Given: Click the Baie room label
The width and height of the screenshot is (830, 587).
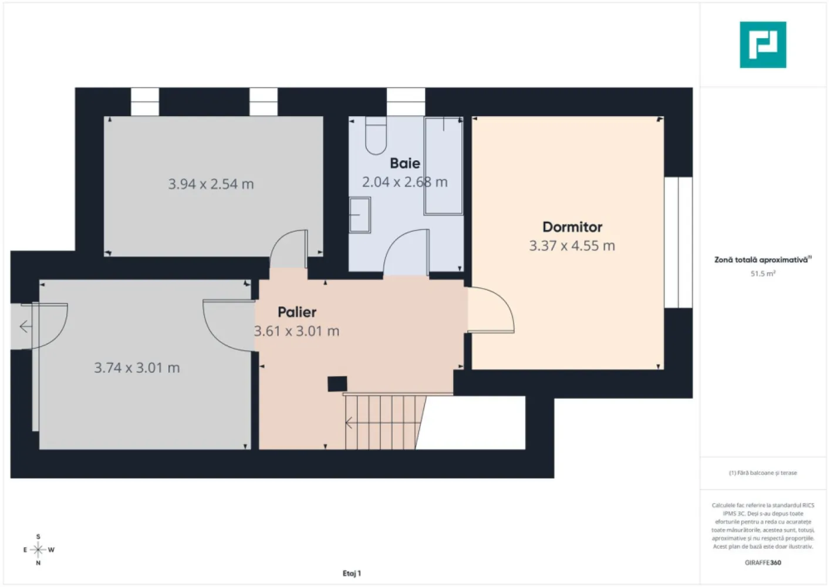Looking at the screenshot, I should click(x=404, y=163).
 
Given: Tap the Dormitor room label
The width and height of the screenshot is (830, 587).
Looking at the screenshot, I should click(x=572, y=227).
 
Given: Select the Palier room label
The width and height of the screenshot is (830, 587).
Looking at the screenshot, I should click(x=297, y=312).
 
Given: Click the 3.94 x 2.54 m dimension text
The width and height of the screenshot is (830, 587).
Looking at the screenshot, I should click(x=211, y=184).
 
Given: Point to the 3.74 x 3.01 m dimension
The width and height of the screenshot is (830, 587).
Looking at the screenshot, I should click(x=137, y=368).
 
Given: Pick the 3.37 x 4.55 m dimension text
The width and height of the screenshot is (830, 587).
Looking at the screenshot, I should click(x=572, y=246).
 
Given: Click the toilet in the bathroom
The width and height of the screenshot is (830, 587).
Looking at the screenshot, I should click(x=376, y=135).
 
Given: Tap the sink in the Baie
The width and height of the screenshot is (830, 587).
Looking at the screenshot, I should click(x=360, y=215).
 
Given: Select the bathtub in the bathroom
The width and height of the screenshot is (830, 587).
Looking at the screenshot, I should click(x=443, y=166).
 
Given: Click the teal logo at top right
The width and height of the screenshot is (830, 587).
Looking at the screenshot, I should click(x=762, y=45).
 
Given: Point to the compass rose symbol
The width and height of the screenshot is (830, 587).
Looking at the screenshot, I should click(x=38, y=550).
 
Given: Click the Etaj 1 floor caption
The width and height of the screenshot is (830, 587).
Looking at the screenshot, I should click(x=352, y=573).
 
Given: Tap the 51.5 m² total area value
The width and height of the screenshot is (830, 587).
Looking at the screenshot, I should click(x=762, y=274).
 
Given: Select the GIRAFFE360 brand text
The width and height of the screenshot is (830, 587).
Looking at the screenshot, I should click(x=762, y=562).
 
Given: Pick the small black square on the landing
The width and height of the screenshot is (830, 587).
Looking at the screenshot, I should click(x=337, y=383).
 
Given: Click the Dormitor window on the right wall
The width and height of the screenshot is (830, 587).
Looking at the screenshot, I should click(x=678, y=242).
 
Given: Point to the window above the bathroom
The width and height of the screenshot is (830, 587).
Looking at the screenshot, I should click(x=406, y=102).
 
